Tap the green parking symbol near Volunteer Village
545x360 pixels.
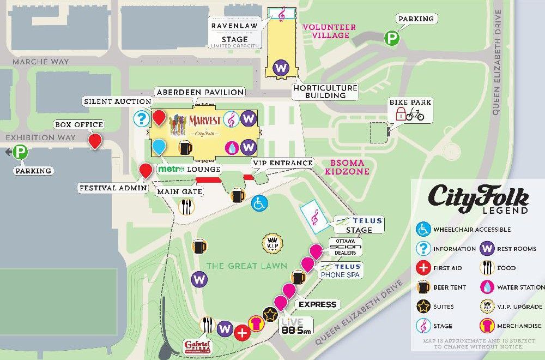click(391, 38)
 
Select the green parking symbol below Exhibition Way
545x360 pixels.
click(20, 152)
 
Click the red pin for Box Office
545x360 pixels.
click(96, 140)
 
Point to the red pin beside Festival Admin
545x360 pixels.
click(146, 170)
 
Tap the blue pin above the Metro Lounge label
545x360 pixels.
click(159, 146)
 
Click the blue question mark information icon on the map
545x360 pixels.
click(142, 118)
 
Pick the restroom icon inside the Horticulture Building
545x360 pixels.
click(281, 68)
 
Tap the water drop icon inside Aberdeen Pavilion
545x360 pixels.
click(232, 147)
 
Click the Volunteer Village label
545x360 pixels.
click(329, 31)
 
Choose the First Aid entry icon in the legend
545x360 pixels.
click(423, 268)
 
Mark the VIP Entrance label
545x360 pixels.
click(282, 163)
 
